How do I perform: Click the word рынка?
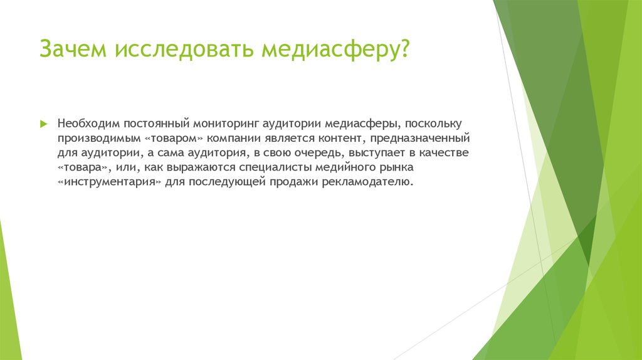coord(396,167)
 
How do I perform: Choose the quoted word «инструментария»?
coord(110,182)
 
